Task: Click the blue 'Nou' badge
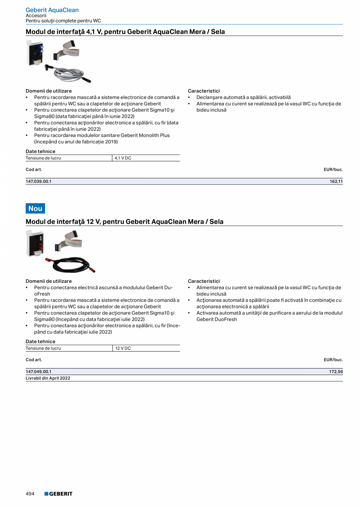tap(35, 209)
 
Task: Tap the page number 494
tap(30, 494)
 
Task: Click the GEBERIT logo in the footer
tap(58, 494)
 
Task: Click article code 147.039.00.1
tap(38, 182)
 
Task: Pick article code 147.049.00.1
tap(38, 372)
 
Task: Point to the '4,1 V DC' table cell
tap(123, 158)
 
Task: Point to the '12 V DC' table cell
tap(123, 348)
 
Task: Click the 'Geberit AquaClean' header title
tap(52, 10)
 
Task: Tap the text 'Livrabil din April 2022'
tap(48, 378)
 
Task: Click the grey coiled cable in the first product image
tap(70, 73)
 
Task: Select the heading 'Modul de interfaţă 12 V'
tap(124, 222)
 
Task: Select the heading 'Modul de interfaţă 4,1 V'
tap(125, 32)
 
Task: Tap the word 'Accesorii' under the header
tap(36, 16)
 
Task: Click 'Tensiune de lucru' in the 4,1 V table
tap(43, 158)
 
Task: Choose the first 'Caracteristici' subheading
tap(204, 91)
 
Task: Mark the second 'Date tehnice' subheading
tap(40, 342)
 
